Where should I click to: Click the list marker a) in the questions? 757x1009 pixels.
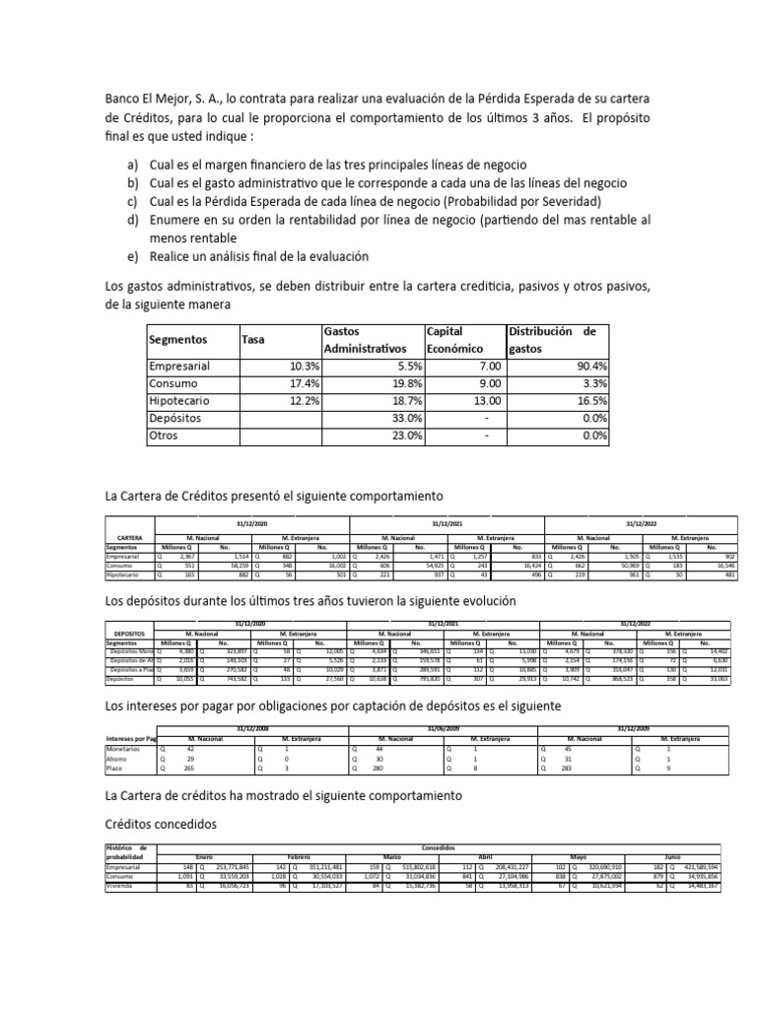tap(133, 164)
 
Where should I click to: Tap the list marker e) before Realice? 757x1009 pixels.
tap(133, 256)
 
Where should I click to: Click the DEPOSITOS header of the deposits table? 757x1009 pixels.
tap(130, 632)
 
